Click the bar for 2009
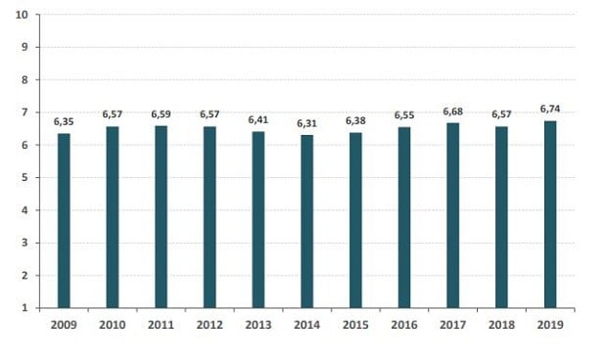tap(64, 220)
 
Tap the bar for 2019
tap(550, 214)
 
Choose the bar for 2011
tap(161, 216)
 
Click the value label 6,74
tap(550, 109)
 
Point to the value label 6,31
tap(306, 123)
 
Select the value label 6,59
tap(161, 113)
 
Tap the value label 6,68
tap(452, 111)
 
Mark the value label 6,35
tap(64, 121)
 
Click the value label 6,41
tap(257, 119)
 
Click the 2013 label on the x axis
tap(257, 324)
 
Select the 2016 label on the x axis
tap(404, 324)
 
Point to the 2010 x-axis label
tap(112, 324)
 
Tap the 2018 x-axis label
tap(501, 324)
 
